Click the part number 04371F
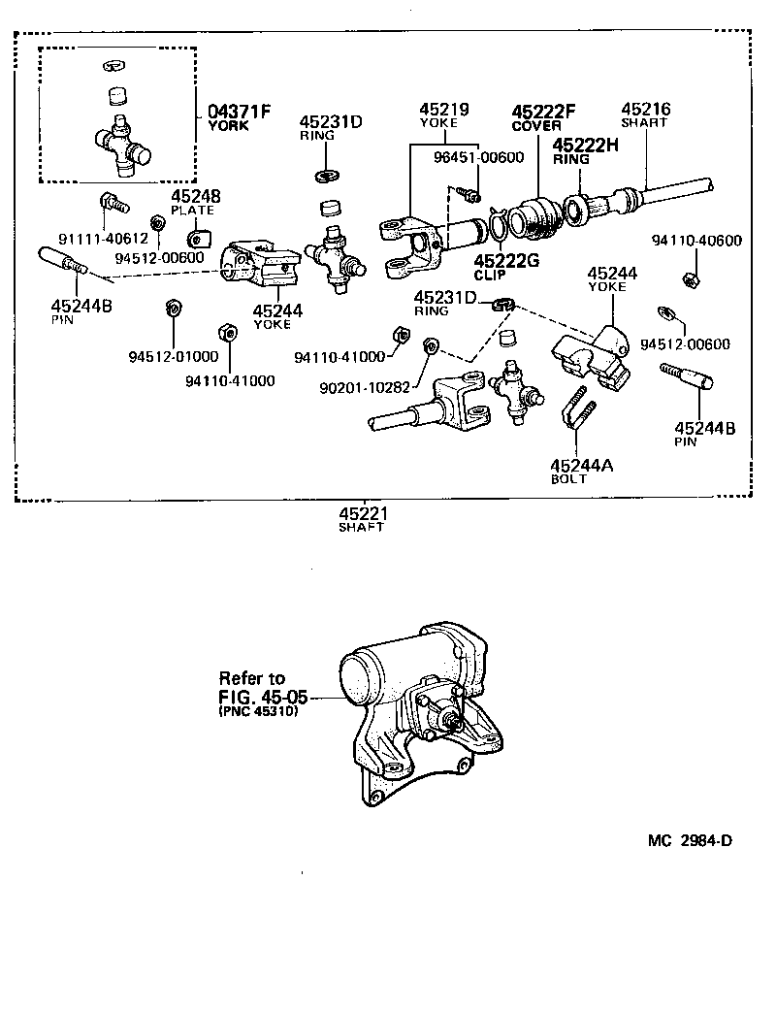pyautogui.click(x=239, y=110)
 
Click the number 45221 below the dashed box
pyautogui.click(x=362, y=513)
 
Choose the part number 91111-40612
pyautogui.click(x=102, y=238)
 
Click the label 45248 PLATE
pyautogui.click(x=192, y=202)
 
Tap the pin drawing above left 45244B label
pyautogui.click(x=63, y=262)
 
